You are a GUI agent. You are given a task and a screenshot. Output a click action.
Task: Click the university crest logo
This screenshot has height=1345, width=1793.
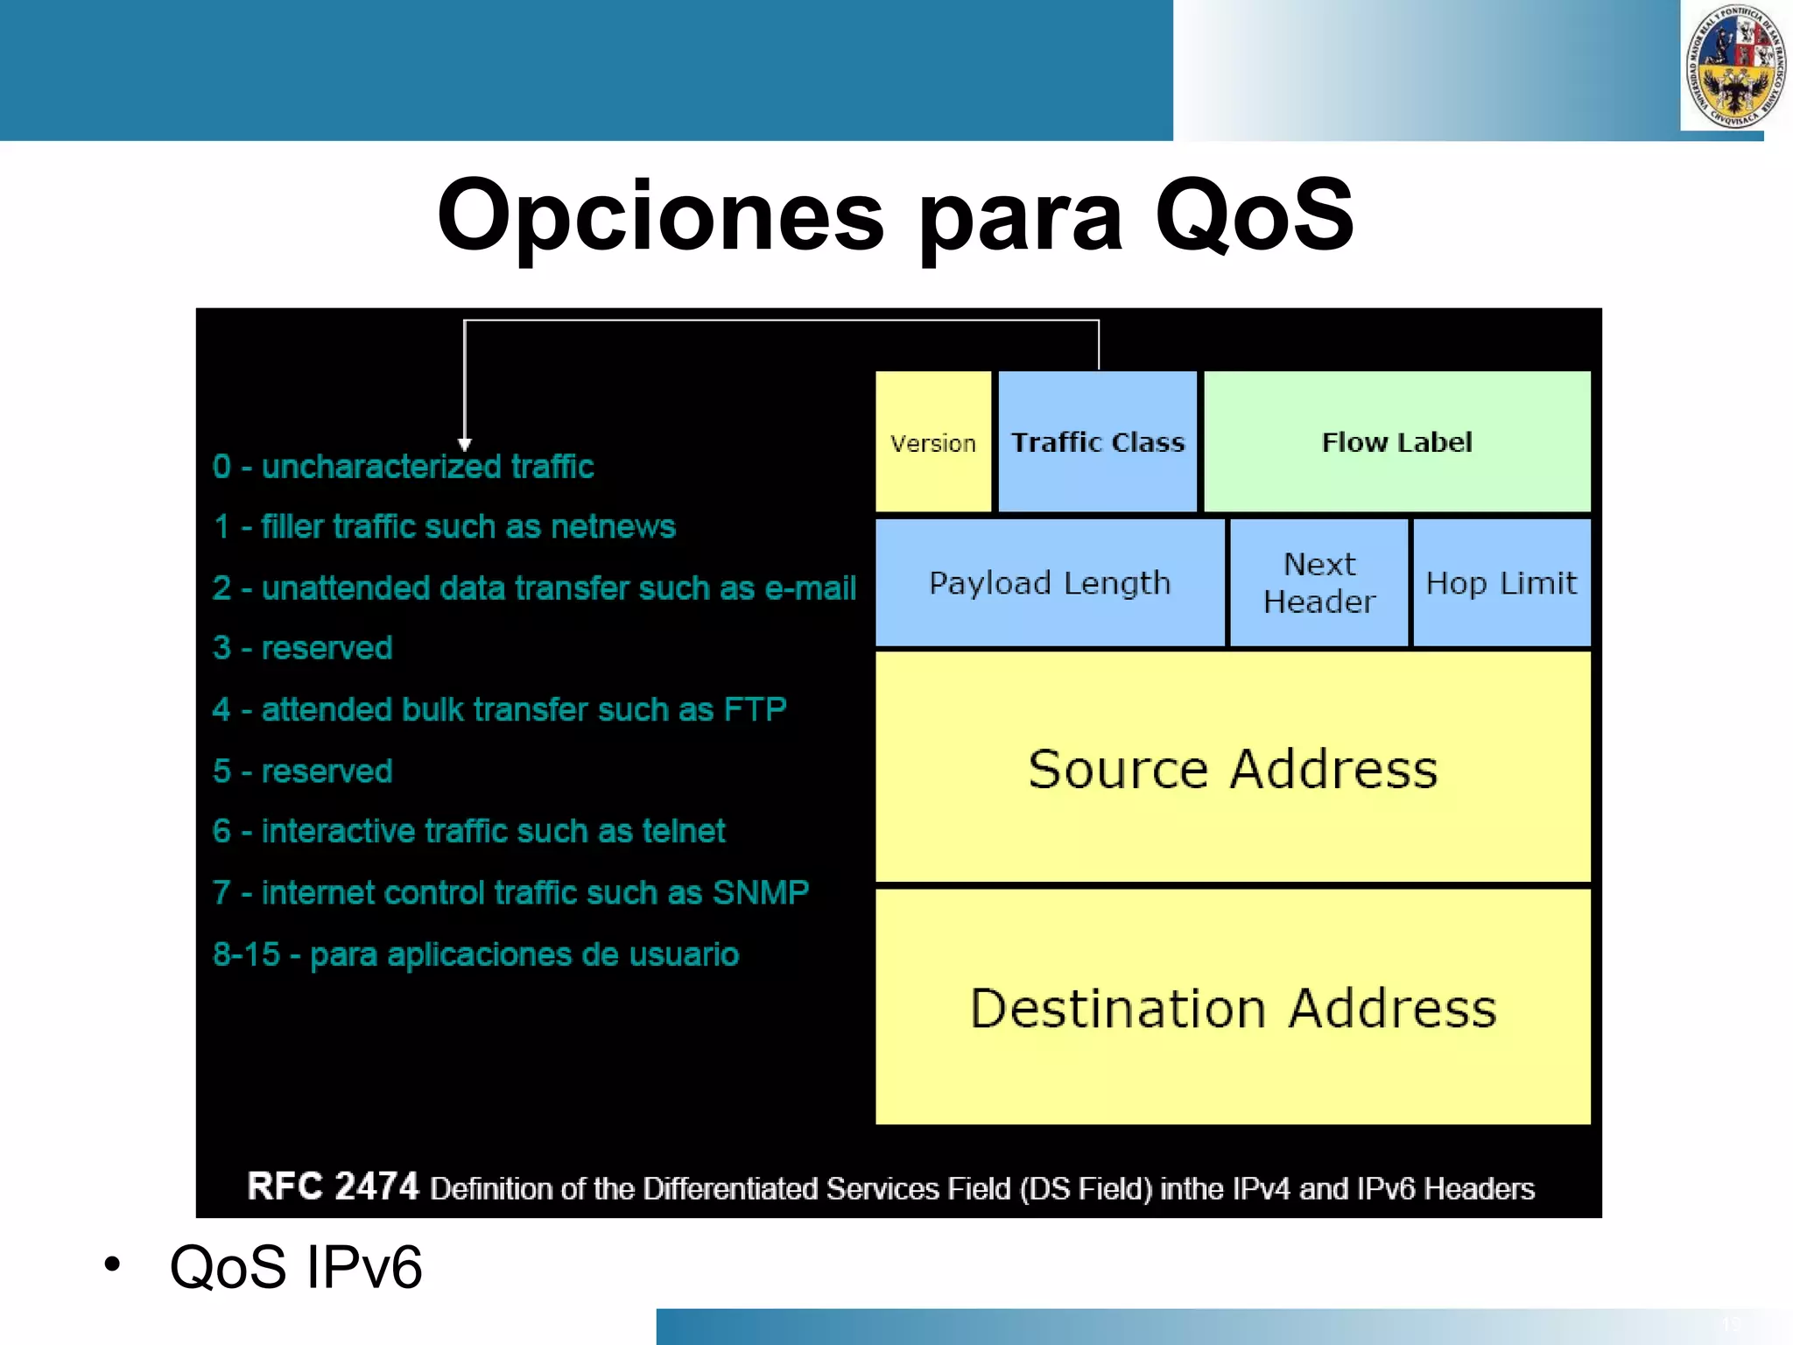click(1735, 67)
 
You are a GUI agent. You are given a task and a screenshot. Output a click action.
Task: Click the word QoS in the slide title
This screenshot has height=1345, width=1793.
click(1254, 216)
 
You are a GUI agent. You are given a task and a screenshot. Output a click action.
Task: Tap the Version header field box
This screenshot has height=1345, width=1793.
click(933, 442)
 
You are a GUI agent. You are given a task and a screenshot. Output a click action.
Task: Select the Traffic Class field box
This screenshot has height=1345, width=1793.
click(1098, 442)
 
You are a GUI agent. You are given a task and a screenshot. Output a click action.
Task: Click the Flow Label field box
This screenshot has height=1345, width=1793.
click(1397, 442)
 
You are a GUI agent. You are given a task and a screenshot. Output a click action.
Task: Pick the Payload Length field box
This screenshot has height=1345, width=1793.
click(1050, 583)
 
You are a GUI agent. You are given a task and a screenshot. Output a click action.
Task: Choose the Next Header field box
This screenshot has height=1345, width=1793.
click(1319, 583)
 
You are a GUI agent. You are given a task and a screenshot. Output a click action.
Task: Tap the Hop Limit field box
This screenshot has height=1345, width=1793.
click(1501, 583)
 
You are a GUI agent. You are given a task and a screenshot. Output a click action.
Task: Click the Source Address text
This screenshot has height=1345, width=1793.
click(1233, 770)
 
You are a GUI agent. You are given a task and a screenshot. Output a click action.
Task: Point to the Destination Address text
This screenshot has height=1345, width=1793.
click(1233, 1009)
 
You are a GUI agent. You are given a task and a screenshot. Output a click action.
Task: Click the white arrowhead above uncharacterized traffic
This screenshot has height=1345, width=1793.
click(465, 444)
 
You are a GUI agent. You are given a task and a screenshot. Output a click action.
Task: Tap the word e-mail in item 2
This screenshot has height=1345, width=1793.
click(810, 588)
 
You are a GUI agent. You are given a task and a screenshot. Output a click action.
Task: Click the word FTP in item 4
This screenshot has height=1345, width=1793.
click(756, 710)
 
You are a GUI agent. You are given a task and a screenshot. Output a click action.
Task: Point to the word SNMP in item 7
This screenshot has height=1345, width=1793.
click(760, 893)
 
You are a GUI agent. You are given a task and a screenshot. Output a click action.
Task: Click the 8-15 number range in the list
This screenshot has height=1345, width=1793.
click(246, 954)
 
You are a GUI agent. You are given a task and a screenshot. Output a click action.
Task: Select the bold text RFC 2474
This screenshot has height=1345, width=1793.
click(333, 1187)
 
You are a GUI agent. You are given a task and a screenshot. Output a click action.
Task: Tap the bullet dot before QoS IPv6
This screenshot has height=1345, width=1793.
click(112, 1264)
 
